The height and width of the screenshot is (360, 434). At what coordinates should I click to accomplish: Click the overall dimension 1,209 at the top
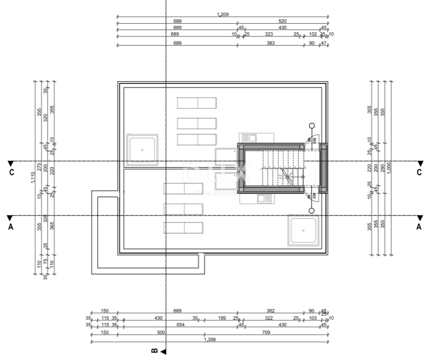223,15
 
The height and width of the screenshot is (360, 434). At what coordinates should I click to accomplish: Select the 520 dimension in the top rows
283,21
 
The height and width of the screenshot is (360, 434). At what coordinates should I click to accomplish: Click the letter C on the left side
11,172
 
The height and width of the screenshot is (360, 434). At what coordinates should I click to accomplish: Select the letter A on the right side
419,227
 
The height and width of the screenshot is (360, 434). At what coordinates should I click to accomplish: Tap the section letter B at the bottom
155,351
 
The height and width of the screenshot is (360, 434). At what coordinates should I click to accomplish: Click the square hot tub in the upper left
142,150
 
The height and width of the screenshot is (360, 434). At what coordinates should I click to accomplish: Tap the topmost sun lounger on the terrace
197,103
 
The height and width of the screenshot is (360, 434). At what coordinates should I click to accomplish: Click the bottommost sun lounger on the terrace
183,228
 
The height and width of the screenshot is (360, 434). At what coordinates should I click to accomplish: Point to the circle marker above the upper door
312,126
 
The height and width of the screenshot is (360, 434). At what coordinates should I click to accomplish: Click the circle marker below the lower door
312,210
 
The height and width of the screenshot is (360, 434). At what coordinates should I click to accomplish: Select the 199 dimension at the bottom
222,319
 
